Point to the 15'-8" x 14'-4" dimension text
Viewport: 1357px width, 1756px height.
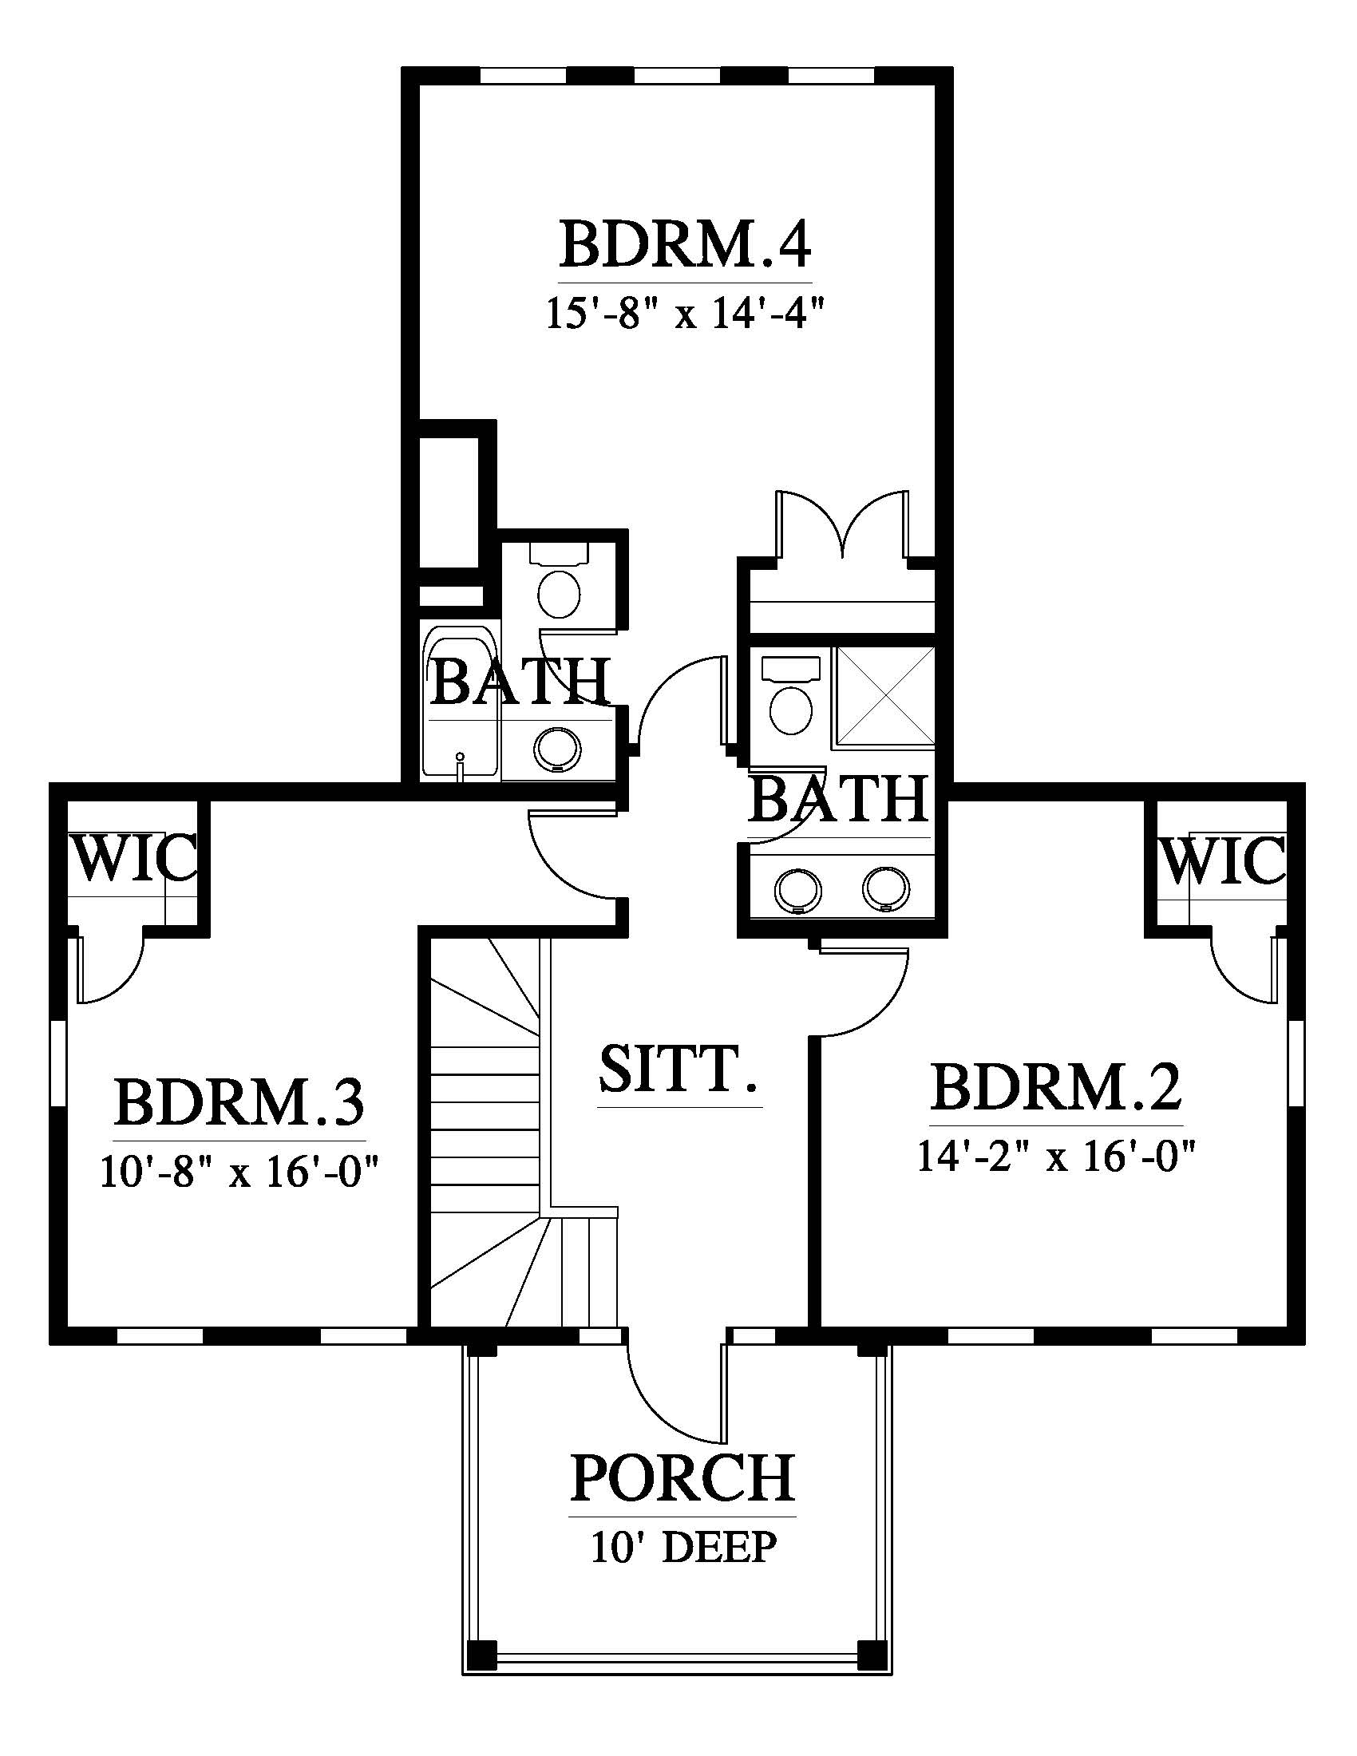(x=686, y=314)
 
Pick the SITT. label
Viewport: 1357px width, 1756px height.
(x=679, y=1069)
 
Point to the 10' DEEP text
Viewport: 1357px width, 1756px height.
(x=684, y=1547)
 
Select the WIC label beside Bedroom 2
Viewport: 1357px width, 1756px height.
(x=1224, y=860)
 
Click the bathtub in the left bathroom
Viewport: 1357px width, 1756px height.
(x=460, y=705)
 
